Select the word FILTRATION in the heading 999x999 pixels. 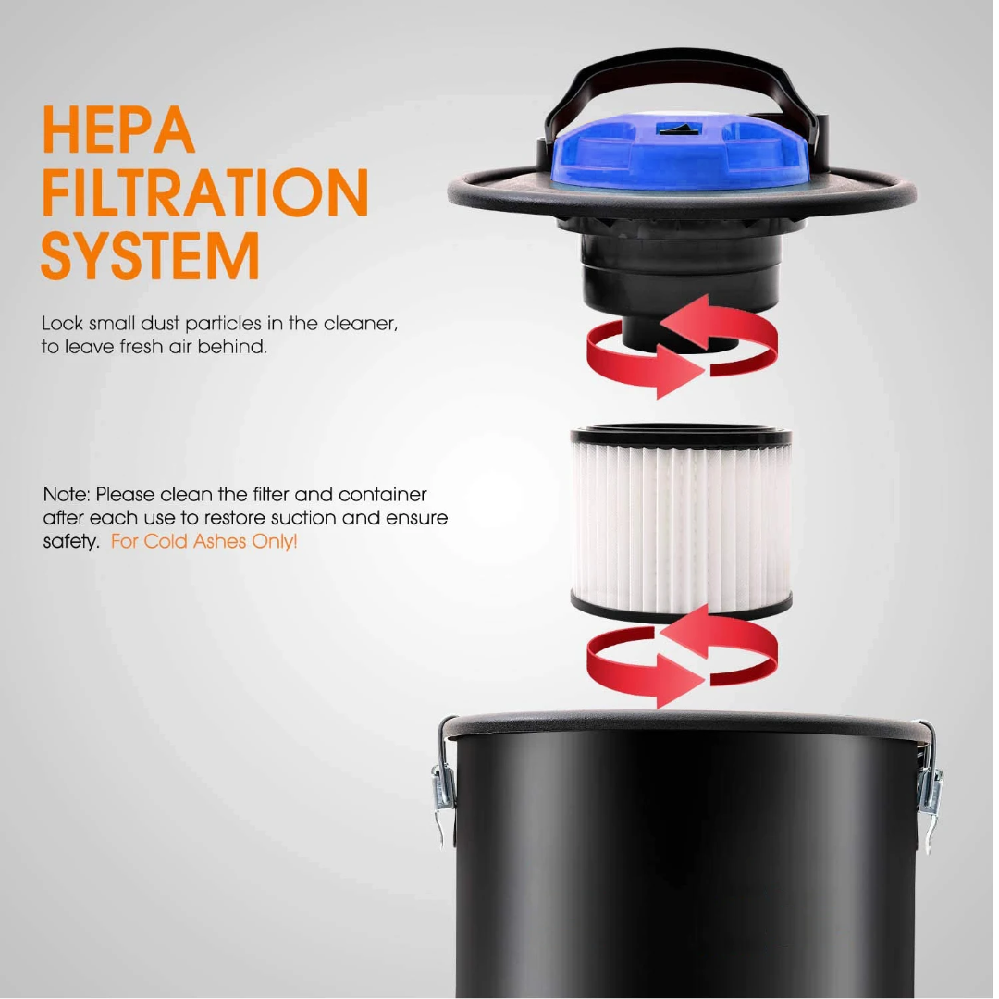pos(205,192)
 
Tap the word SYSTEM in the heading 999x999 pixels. pos(151,255)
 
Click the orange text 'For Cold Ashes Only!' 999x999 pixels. pos(203,541)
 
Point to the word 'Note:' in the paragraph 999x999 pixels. pos(67,494)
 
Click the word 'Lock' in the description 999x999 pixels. pos(63,323)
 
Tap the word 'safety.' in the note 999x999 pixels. pos(71,541)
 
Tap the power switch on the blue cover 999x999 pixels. pos(680,130)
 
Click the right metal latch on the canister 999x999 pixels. pos(929,796)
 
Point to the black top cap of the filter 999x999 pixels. pos(681,437)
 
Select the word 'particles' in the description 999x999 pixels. pos(223,324)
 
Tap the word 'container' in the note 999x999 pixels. pos(382,494)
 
